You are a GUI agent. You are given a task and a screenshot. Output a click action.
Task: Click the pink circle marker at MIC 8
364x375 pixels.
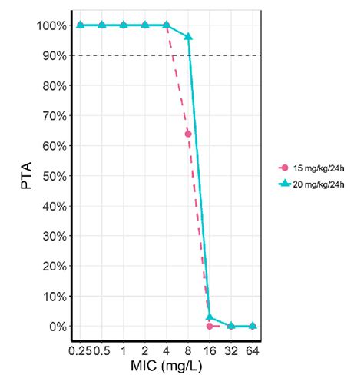(188, 134)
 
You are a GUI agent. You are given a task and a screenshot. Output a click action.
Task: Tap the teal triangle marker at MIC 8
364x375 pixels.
(188, 37)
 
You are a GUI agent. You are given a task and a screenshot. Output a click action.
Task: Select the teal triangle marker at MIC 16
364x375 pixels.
(210, 317)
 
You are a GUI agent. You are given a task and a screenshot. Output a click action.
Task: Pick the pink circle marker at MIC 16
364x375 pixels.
(210, 326)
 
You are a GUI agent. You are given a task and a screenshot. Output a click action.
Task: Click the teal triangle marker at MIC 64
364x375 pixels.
(253, 326)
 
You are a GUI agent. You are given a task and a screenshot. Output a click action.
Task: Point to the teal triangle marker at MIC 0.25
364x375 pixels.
(81, 25)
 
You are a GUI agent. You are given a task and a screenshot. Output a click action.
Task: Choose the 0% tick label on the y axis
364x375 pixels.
(56, 327)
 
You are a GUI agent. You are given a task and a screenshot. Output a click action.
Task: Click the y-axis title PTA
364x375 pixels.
(27, 176)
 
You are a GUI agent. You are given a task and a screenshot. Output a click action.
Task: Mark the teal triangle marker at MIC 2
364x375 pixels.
(145, 25)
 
